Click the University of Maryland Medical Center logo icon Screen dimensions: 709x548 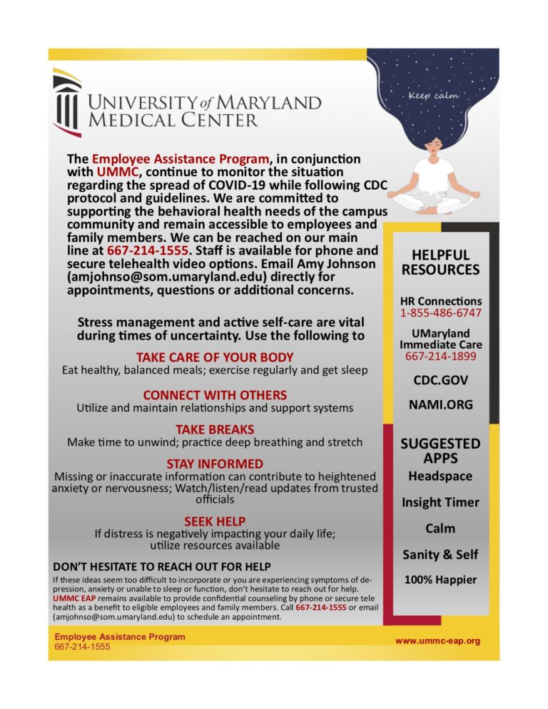click(x=67, y=102)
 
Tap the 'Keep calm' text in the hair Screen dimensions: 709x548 click(x=434, y=95)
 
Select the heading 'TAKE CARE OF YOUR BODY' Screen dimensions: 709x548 click(x=215, y=357)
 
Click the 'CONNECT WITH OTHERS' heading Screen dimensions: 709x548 click(x=215, y=394)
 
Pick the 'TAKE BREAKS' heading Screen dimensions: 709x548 click(x=215, y=429)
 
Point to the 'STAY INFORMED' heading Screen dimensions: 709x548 click(x=215, y=464)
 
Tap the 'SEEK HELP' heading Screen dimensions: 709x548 click(x=215, y=521)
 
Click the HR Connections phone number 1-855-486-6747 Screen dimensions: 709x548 click(x=440, y=313)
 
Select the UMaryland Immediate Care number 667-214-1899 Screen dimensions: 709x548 click(x=440, y=356)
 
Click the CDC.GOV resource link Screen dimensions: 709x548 click(x=440, y=380)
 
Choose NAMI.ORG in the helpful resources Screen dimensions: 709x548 click(x=440, y=404)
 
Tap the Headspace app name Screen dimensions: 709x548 click(x=440, y=475)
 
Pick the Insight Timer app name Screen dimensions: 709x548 click(x=440, y=502)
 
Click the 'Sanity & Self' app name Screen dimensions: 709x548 click(x=440, y=554)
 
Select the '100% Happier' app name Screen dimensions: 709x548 click(x=440, y=580)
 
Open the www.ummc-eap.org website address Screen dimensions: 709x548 click(x=437, y=641)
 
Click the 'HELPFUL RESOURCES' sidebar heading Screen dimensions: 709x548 click(x=440, y=262)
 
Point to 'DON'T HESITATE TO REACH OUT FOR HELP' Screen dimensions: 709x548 click(x=162, y=566)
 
